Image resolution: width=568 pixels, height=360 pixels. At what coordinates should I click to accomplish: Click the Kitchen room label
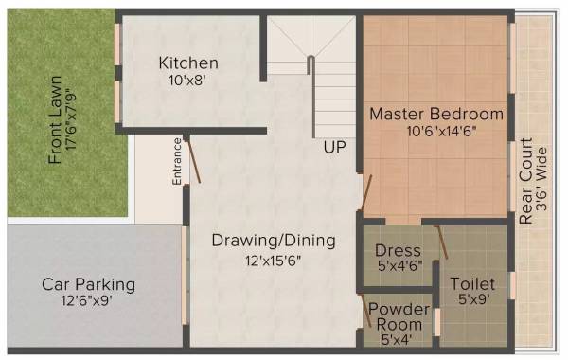[189, 63]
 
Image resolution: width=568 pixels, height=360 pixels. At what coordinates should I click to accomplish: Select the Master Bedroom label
[436, 114]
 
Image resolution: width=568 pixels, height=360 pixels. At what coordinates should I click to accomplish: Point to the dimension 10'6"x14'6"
[436, 132]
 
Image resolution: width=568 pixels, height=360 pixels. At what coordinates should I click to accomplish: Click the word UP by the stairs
[334, 148]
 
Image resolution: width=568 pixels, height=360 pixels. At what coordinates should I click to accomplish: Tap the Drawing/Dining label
[274, 241]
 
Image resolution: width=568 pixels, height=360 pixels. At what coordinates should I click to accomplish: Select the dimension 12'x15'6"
[274, 260]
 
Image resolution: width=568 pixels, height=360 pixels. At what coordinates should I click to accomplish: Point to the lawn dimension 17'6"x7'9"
[74, 114]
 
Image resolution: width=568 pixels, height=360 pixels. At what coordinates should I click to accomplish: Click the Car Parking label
[88, 284]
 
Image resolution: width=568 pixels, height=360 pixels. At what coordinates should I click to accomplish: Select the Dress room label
[398, 251]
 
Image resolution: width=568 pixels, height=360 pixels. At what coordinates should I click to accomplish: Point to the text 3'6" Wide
[542, 184]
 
